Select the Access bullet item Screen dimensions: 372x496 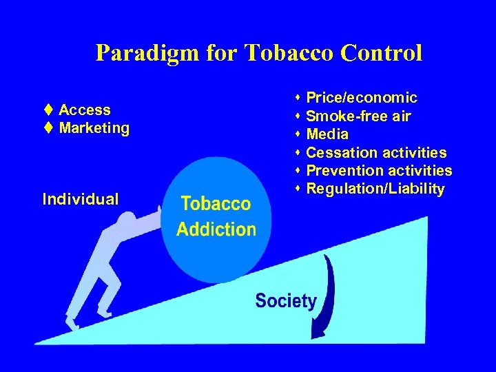pyautogui.click(x=84, y=110)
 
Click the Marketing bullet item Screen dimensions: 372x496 pyautogui.click(x=94, y=127)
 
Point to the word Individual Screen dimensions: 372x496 pyautogui.click(x=80, y=199)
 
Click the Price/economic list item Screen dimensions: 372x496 pyautogui.click(x=361, y=98)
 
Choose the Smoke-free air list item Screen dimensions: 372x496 pyautogui.click(x=358, y=116)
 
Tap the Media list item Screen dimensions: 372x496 pyautogui.click(x=327, y=134)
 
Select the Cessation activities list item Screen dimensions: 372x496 pyautogui.click(x=375, y=152)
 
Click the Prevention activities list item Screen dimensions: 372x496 pyautogui.click(x=379, y=170)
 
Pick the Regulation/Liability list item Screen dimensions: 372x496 pyautogui.click(x=375, y=189)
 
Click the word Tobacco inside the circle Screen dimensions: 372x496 pyautogui.click(x=216, y=204)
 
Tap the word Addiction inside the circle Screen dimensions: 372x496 pyautogui.click(x=216, y=229)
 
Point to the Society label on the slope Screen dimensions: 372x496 pyautogui.click(x=286, y=301)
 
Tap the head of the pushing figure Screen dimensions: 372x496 pyautogui.click(x=127, y=222)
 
